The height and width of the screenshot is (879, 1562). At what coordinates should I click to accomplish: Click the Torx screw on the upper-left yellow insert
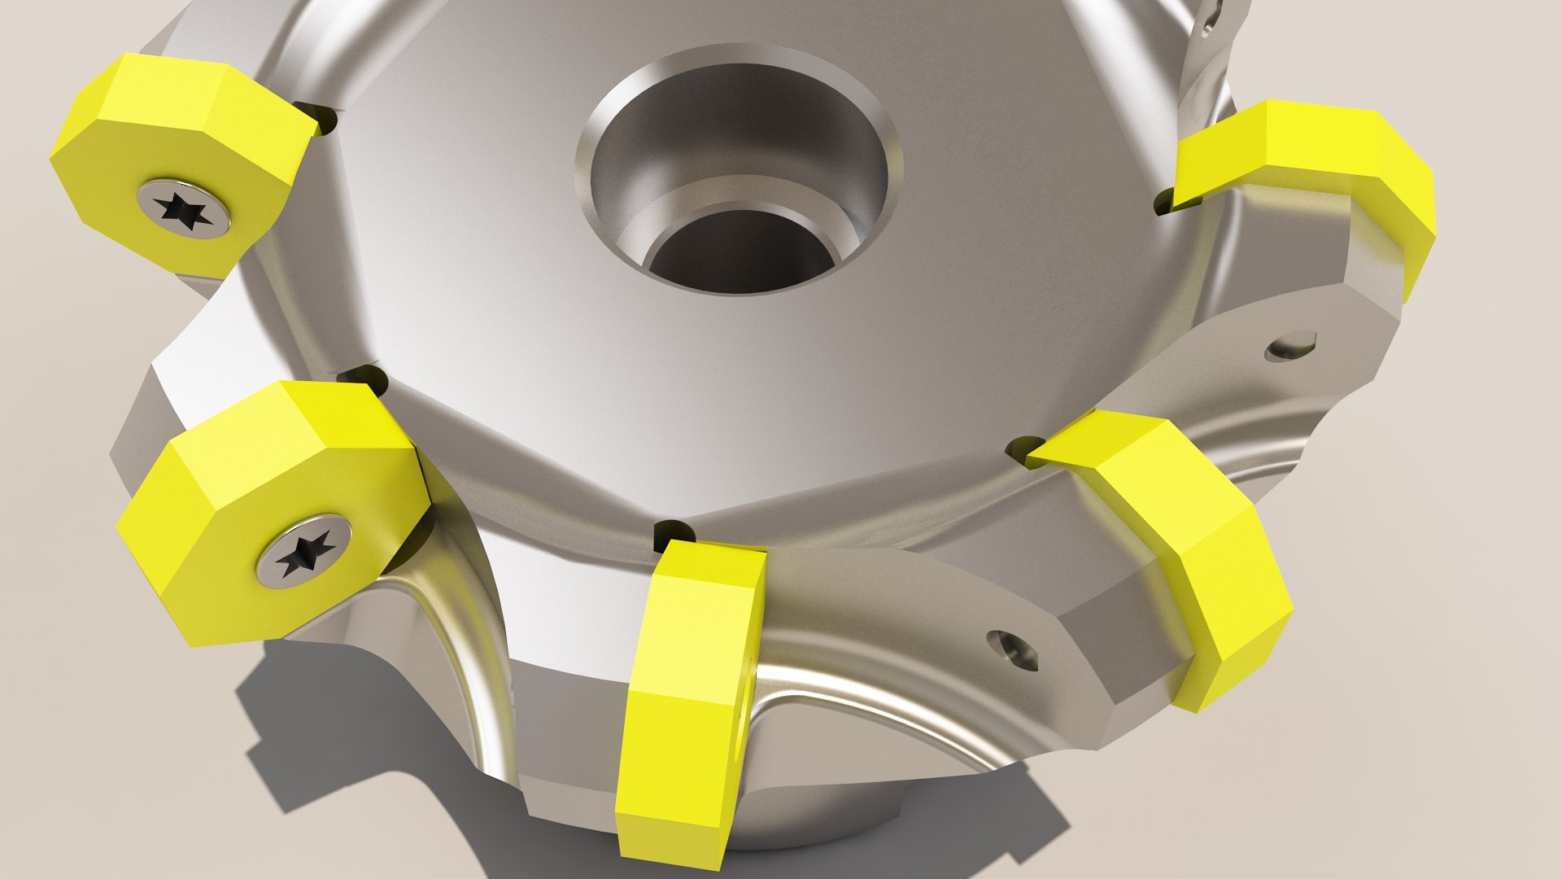184,209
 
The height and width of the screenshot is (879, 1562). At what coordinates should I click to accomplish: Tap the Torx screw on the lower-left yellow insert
304,550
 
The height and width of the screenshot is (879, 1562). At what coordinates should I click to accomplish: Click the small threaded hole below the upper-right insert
1291,346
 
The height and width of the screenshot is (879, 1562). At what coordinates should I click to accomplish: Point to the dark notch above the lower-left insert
361,378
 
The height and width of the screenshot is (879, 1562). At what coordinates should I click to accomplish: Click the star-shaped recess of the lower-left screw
304,551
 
